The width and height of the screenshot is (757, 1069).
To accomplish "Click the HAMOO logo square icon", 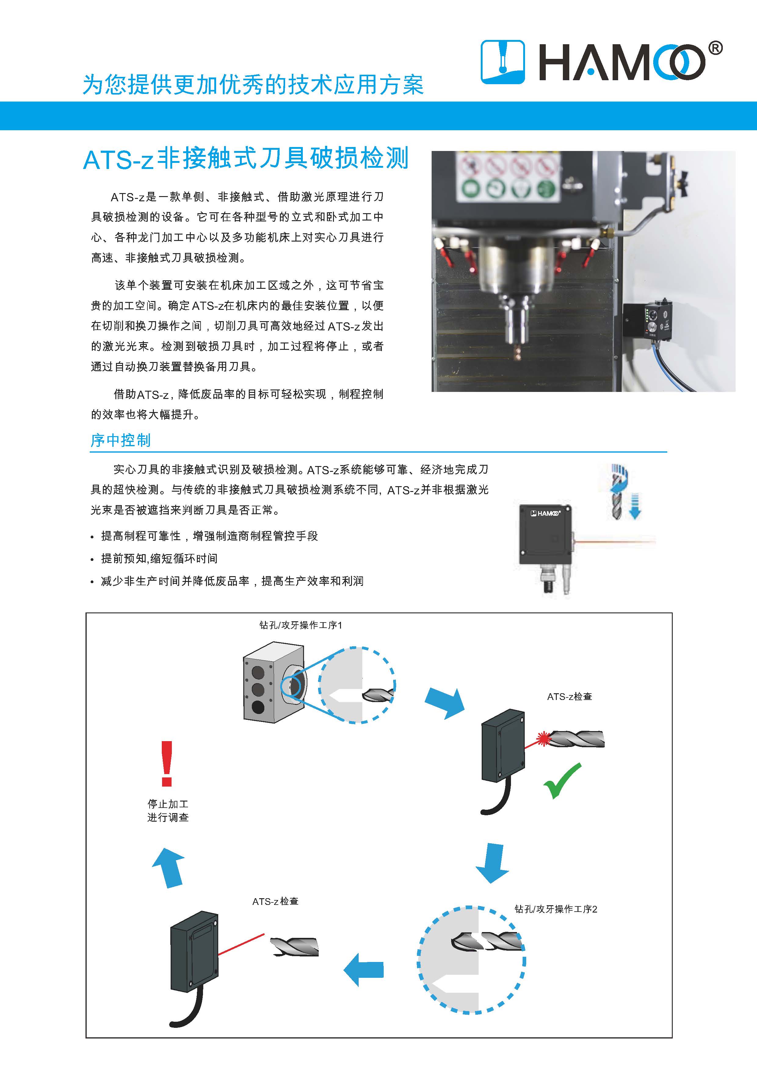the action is click(502, 62).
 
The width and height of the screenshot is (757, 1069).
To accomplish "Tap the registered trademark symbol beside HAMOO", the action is click(715, 48).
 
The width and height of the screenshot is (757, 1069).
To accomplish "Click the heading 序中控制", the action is click(121, 440).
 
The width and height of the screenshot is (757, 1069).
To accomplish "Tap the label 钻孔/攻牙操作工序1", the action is click(301, 625).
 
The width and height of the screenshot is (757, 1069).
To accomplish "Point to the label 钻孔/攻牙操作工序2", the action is click(556, 909).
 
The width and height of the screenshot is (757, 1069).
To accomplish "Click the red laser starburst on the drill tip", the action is click(543, 738).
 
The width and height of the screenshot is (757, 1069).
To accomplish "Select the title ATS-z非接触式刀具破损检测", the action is click(246, 158).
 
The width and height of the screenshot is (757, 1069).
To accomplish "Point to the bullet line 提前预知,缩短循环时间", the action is click(159, 558).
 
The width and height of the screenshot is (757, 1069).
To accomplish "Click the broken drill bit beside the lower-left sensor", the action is click(295, 947).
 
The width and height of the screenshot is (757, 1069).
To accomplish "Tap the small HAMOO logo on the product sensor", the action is click(545, 513).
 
